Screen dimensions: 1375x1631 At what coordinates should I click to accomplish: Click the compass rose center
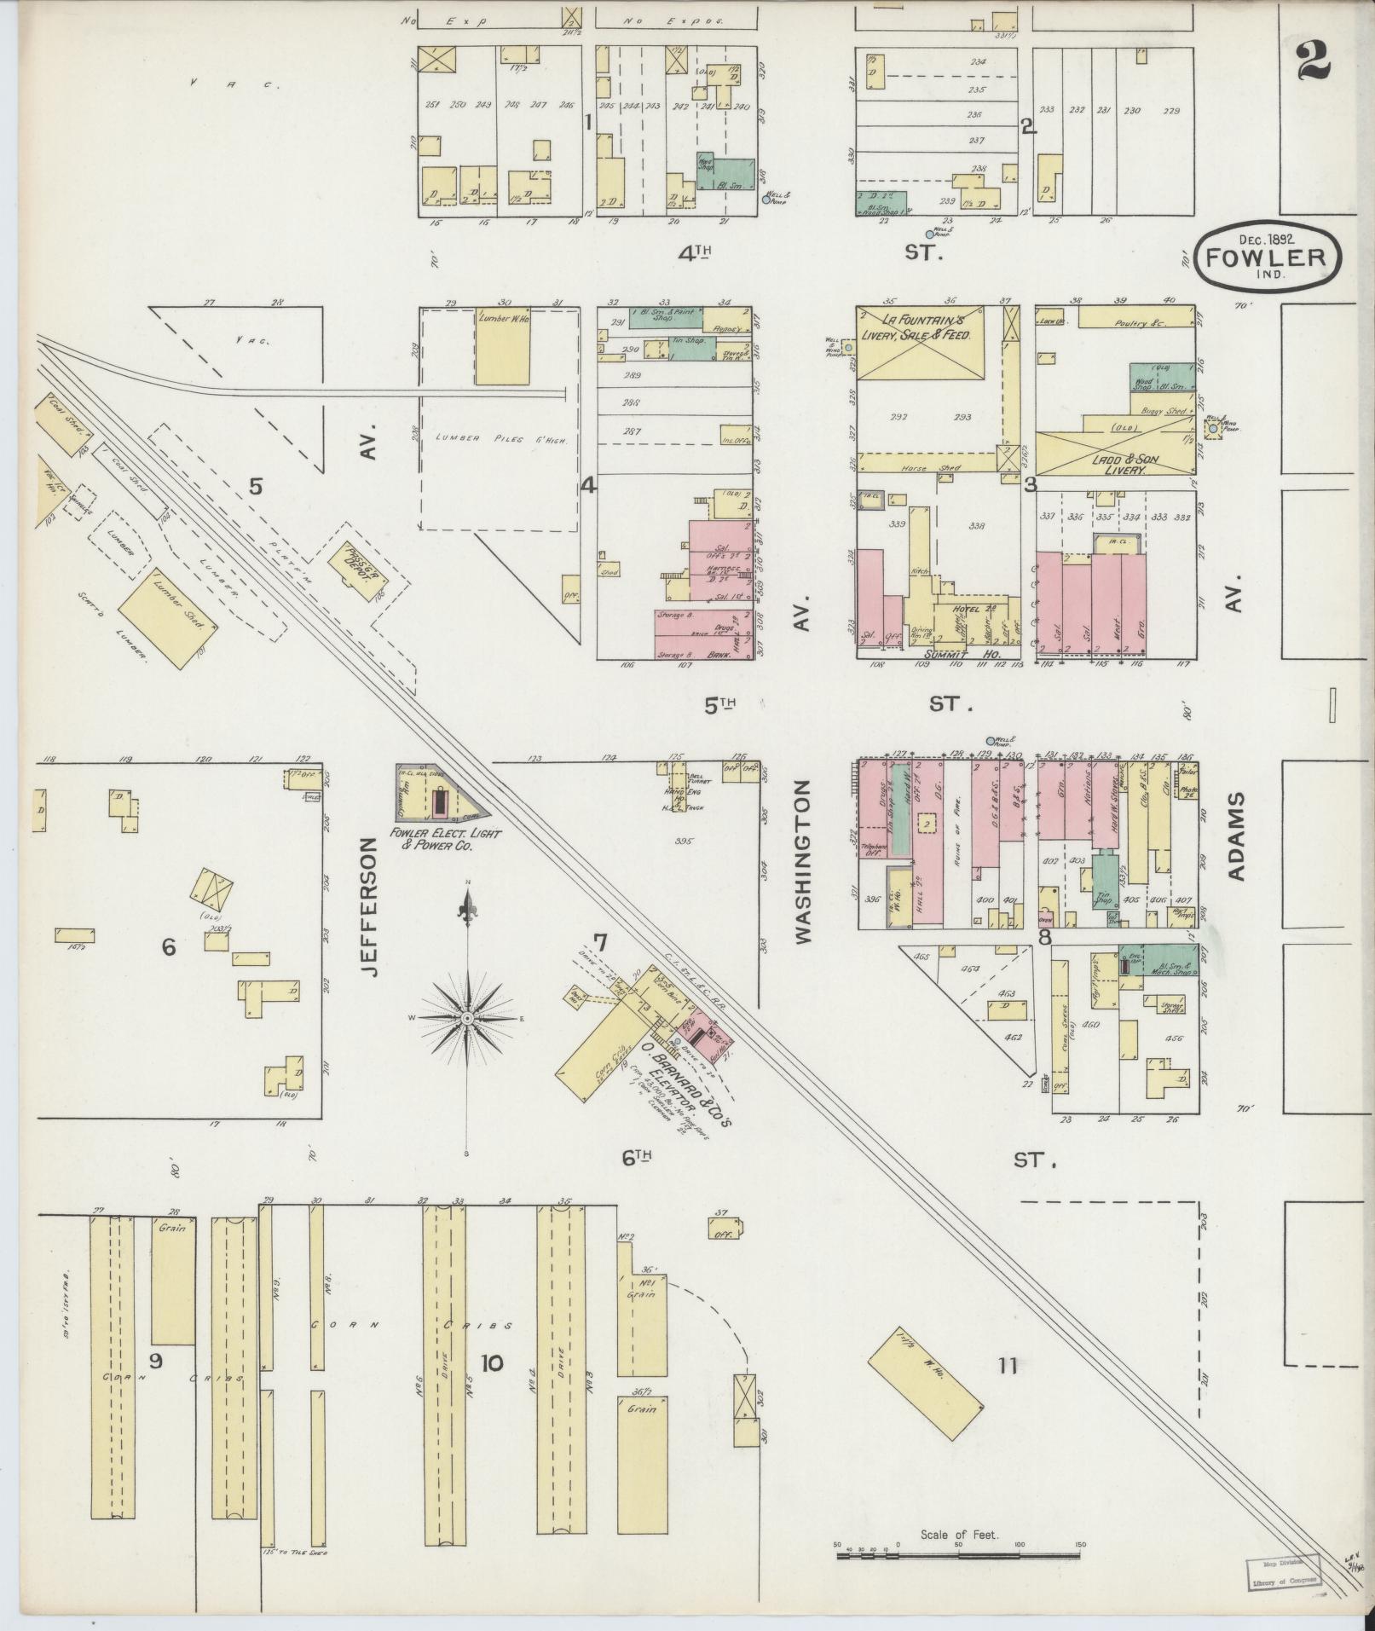click(467, 1019)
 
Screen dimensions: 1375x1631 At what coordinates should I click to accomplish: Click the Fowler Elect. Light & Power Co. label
click(431, 839)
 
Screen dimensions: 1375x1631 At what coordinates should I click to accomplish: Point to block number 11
click(1008, 1366)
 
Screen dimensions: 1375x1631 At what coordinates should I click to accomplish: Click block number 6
click(168, 946)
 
